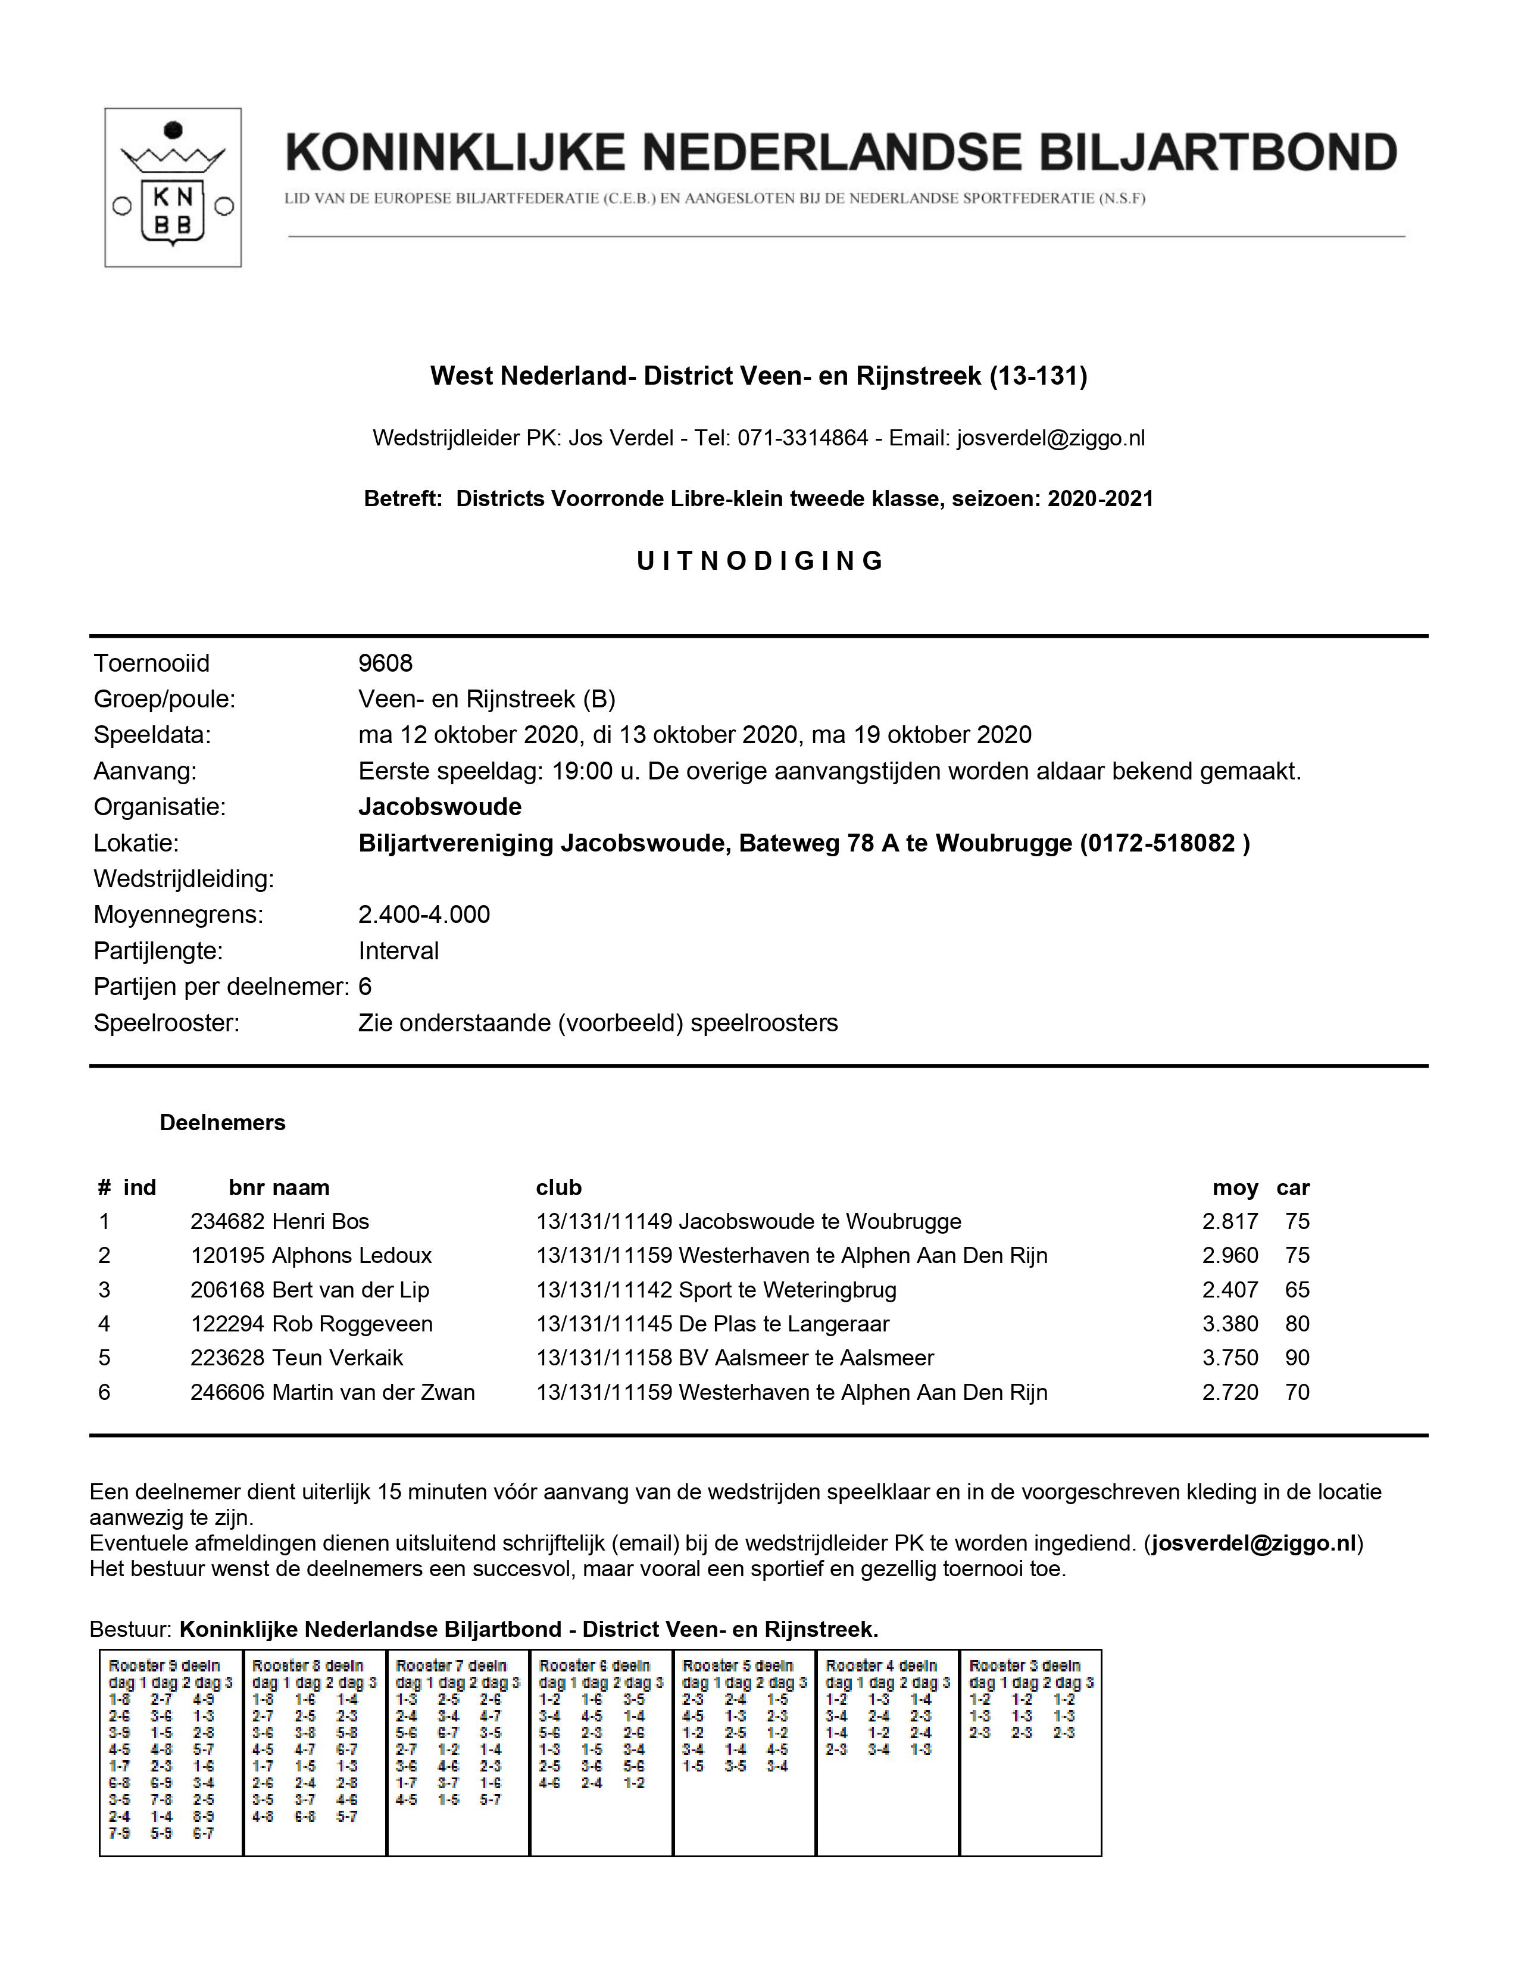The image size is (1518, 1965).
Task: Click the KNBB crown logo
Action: point(173,187)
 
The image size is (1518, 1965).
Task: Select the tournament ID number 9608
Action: point(385,663)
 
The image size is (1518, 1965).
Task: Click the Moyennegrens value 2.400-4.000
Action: point(424,915)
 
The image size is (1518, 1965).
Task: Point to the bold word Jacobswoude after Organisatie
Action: point(440,807)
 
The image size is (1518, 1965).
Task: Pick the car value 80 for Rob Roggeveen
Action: point(1297,1324)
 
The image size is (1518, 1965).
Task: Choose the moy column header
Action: point(1235,1188)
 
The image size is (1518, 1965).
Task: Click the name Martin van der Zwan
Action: point(373,1392)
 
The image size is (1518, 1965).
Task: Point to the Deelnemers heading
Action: point(222,1123)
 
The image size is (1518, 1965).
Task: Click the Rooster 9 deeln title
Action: point(164,1666)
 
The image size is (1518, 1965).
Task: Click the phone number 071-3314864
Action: point(802,438)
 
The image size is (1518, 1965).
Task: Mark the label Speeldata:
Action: point(152,735)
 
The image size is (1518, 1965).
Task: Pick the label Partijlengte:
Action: point(158,951)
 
